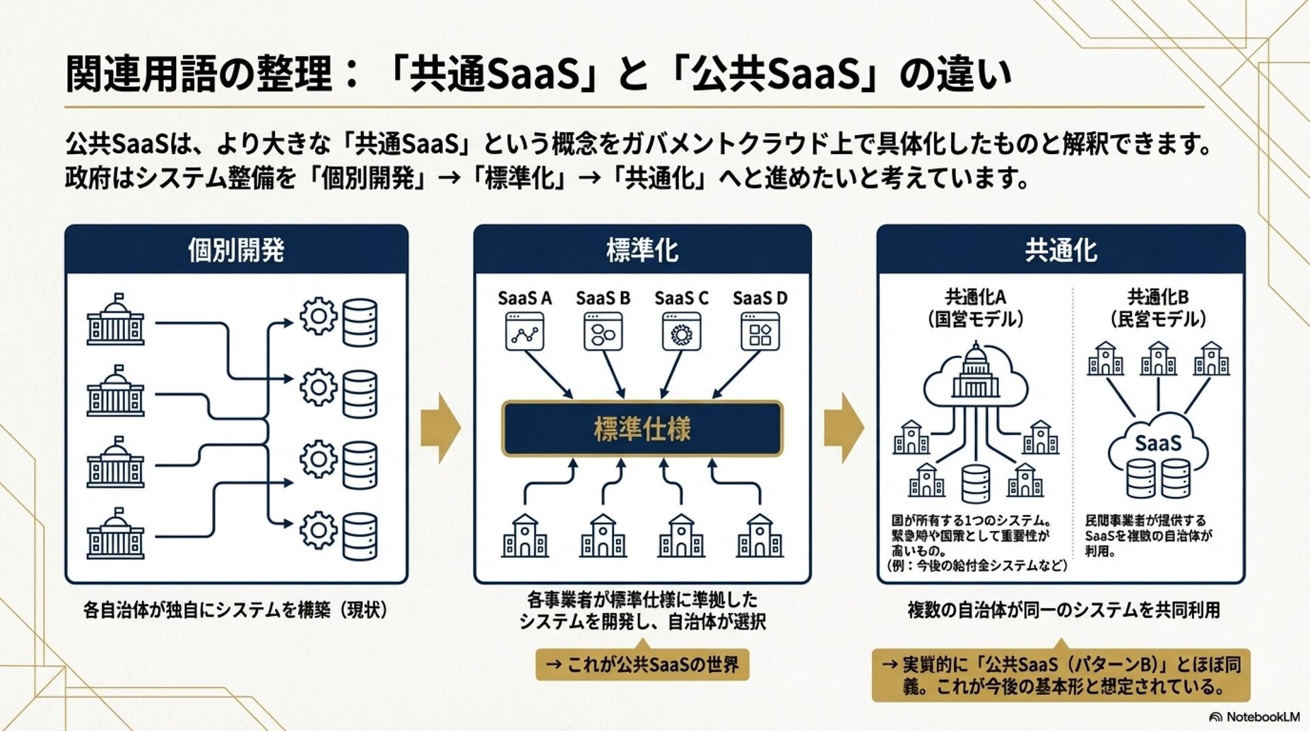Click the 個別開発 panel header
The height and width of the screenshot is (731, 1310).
coord(236,250)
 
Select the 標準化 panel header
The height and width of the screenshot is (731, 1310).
coord(642,250)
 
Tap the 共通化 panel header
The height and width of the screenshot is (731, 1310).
coord(1060,250)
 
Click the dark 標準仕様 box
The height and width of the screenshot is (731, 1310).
coord(642,428)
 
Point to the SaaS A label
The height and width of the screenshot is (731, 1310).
coord(524,298)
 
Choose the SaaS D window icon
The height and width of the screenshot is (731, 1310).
coord(760,332)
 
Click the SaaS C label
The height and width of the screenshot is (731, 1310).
coord(681,298)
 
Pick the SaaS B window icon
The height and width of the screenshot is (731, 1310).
coord(603,332)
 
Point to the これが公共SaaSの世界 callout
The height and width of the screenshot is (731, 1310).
coord(642,664)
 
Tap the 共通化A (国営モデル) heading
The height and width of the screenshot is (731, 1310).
coord(975,308)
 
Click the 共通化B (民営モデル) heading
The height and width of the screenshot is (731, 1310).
coord(1158,308)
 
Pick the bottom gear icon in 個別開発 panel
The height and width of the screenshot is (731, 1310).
coord(318,530)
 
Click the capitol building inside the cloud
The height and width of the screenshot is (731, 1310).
coord(975,373)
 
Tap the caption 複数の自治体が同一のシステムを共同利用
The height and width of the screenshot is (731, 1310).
coord(1063,610)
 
